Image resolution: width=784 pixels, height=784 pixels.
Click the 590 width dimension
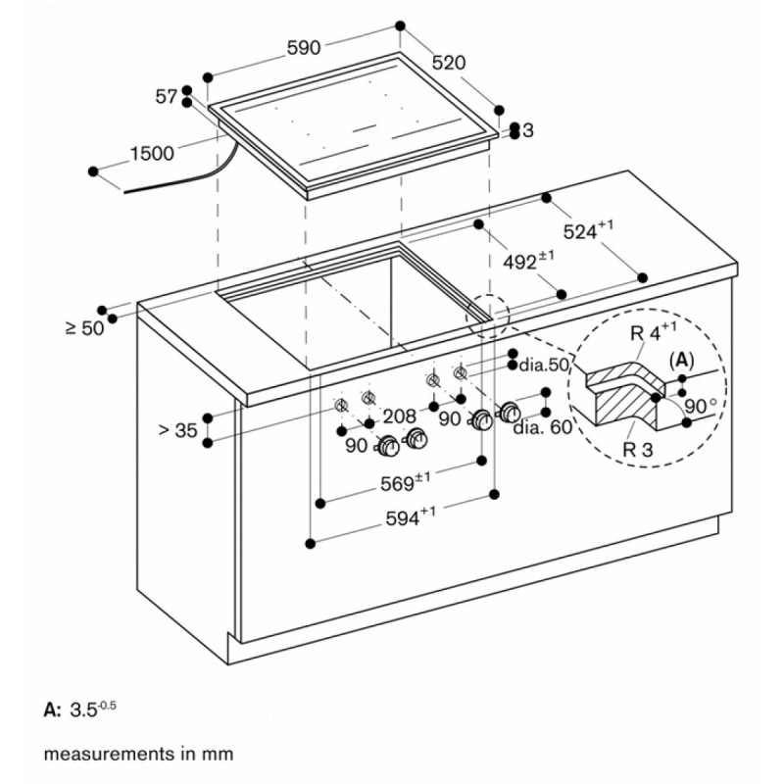pos(304,47)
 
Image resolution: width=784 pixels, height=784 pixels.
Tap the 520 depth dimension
pos(449,63)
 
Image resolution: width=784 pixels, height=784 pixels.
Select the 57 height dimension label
pos(166,96)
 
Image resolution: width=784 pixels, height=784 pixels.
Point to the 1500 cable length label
pos(152,153)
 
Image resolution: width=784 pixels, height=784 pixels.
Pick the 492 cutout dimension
pos(528,260)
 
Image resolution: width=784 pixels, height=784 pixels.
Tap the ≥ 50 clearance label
pos(85,328)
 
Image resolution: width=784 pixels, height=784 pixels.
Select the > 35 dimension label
pos(178,430)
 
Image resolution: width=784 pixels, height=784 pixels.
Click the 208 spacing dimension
pos(400,416)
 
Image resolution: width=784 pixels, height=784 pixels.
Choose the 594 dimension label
pos(411,517)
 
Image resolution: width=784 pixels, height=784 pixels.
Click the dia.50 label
pos(545,365)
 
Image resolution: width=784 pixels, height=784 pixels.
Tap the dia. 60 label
pos(543,427)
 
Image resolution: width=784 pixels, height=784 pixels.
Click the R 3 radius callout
pos(638,449)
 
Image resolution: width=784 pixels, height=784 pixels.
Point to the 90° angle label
pos(701,406)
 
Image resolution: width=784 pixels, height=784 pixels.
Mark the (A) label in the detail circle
pos(682,360)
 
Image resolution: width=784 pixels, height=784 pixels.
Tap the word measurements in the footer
pos(104,754)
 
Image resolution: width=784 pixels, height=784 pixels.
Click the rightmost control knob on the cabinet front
pos(509,411)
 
